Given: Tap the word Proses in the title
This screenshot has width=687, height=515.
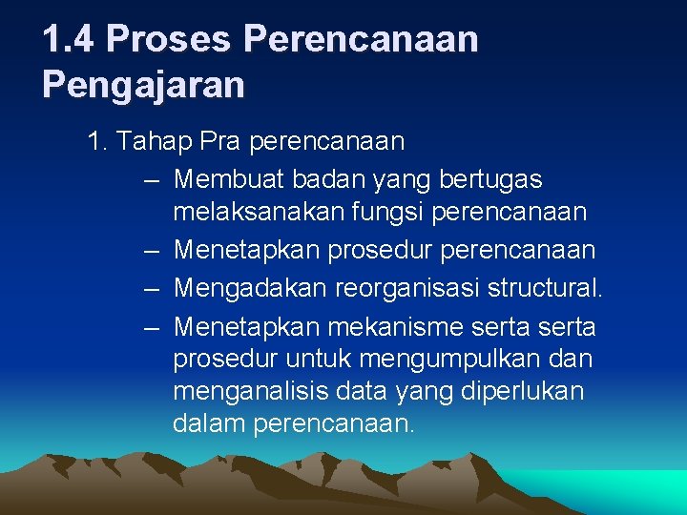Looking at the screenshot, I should pos(169,39).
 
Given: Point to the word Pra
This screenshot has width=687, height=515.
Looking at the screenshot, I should pos(220,142).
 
